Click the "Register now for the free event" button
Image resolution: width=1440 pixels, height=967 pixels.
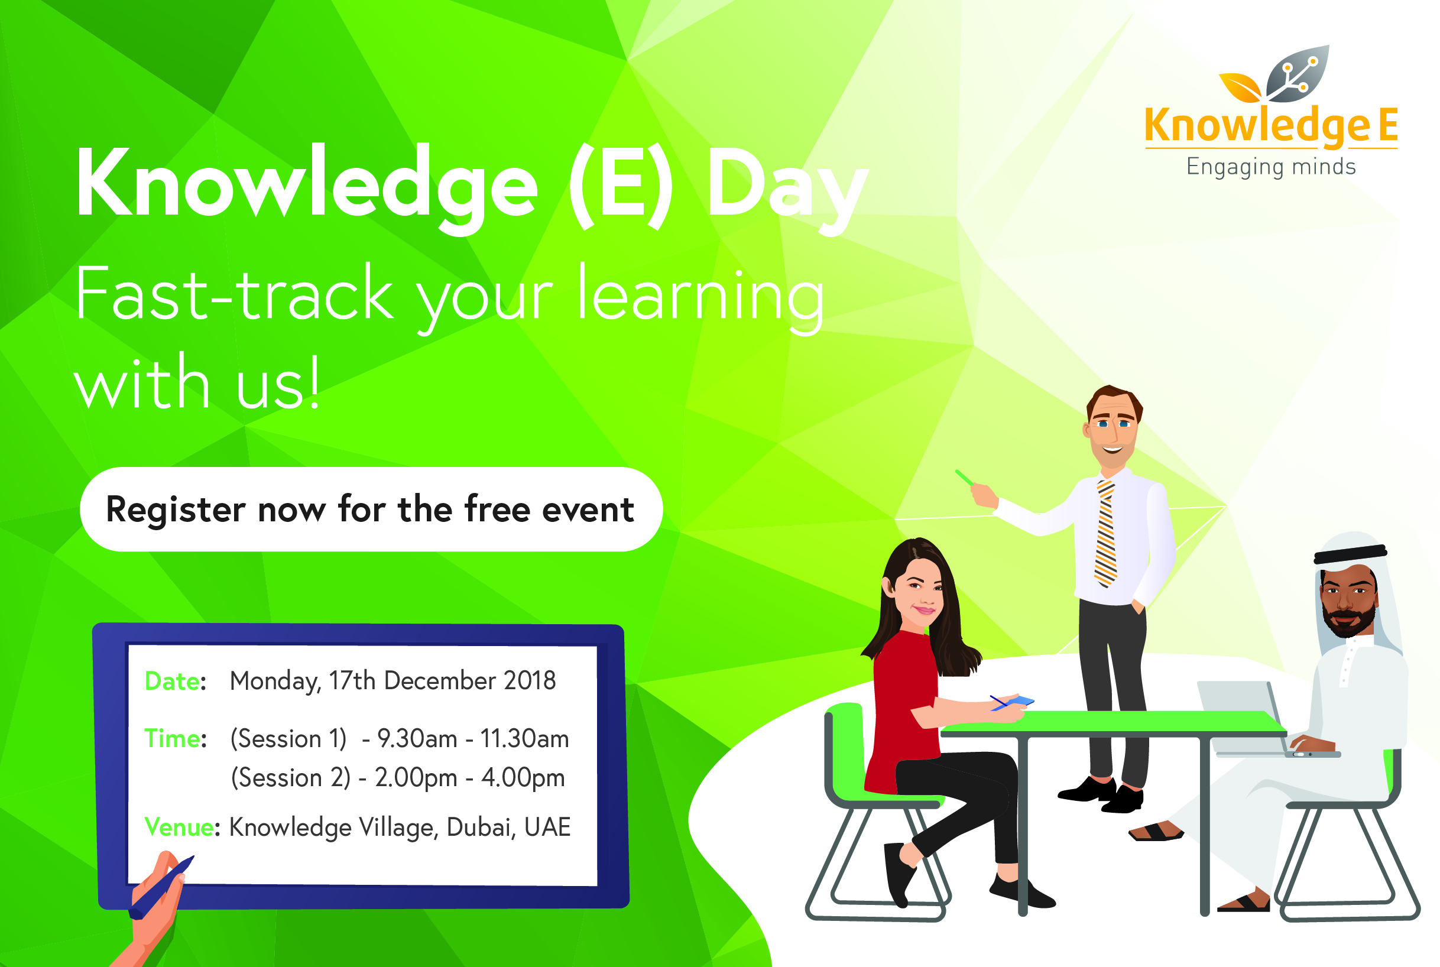coord(371,510)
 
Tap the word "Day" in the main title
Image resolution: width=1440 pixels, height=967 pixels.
coord(787,188)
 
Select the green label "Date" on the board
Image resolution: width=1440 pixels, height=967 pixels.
coord(172,682)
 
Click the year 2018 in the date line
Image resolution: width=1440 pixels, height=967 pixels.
coord(530,680)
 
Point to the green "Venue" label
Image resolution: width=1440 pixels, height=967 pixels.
coord(179,827)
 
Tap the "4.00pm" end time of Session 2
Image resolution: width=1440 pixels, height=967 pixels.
coord(523,778)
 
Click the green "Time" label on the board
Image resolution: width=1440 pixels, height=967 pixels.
coord(172,739)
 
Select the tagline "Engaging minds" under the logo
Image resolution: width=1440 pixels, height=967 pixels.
coord(1271,167)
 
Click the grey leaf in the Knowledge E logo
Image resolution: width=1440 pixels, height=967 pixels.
coord(1298,74)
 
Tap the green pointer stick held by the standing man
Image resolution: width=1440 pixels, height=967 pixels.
coord(964,478)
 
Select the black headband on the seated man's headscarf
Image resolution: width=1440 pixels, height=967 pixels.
coord(1351,554)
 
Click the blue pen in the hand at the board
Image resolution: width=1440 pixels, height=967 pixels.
coord(161,888)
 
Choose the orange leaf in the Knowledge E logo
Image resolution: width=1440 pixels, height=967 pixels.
coord(1241,87)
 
